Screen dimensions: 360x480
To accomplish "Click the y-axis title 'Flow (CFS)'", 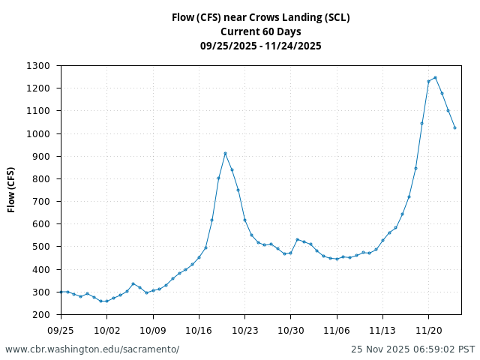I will click(x=11, y=190).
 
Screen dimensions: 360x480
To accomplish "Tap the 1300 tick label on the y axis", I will click(x=37, y=66).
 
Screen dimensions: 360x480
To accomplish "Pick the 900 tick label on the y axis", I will click(x=40, y=157).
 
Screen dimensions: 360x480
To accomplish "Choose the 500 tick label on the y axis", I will click(x=40, y=247).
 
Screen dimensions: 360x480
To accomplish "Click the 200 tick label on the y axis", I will click(x=40, y=315).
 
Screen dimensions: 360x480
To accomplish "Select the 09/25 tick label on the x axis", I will click(x=61, y=330).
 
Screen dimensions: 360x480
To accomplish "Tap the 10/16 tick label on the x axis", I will click(x=199, y=330).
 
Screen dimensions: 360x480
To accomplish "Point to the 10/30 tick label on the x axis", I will click(x=291, y=330).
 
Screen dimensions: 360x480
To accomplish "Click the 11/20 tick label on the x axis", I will click(x=428, y=330).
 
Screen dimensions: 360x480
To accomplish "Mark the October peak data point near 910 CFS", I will click(x=225, y=153).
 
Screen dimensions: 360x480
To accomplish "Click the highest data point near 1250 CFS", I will click(x=435, y=77).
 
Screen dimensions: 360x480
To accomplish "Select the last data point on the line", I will click(x=454, y=127).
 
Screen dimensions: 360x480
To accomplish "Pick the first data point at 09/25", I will click(x=61, y=292).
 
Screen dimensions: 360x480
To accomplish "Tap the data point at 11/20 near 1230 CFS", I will click(x=428, y=81).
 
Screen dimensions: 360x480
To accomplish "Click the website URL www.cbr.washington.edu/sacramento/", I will click(x=92, y=349).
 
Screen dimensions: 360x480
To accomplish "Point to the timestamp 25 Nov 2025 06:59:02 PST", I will click(x=413, y=349).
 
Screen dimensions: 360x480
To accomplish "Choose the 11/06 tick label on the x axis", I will click(x=337, y=330).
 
